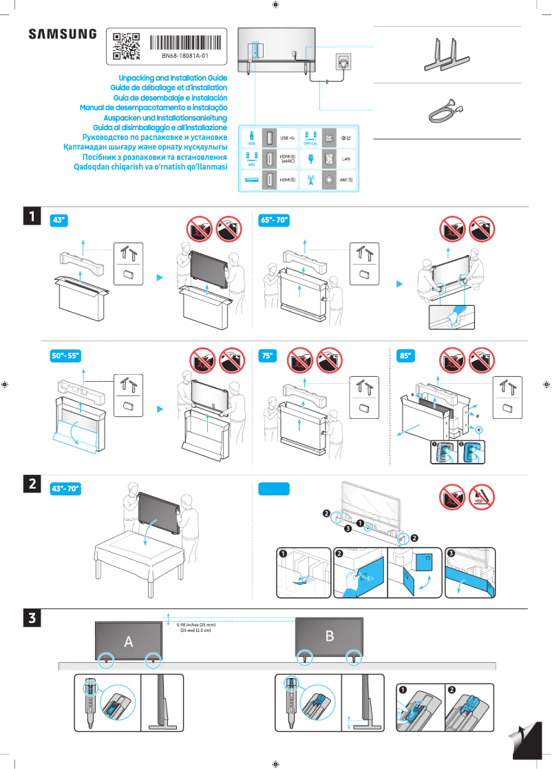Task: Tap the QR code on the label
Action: tap(126, 46)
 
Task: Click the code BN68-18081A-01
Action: tap(185, 56)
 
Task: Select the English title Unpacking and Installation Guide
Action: tap(173, 79)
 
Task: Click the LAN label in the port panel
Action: tap(346, 158)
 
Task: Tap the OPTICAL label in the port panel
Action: tap(310, 143)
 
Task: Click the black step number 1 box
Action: tap(32, 216)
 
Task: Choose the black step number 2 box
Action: tap(32, 484)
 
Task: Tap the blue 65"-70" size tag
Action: tap(274, 220)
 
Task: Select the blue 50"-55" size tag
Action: tap(66, 356)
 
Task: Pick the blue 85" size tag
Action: tap(405, 356)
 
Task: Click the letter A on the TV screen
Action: tap(128, 642)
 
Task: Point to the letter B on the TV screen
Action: tap(329, 636)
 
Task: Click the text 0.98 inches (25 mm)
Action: tap(197, 625)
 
